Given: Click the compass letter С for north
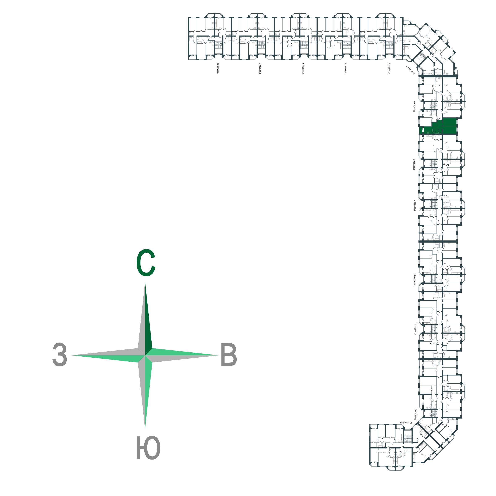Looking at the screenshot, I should (145, 263).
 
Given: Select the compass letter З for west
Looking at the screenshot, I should (60, 355).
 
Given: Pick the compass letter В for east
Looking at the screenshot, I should (229, 355).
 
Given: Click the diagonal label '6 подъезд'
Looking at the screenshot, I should (410, 70).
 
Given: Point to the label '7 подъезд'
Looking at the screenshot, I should (414, 106).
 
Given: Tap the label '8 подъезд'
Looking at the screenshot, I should (414, 164).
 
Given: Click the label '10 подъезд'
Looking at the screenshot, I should (414, 279).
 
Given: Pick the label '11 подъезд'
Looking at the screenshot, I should (415, 329).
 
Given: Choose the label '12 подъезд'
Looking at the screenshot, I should (415, 413).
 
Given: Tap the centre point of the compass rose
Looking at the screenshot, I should (145, 355).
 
